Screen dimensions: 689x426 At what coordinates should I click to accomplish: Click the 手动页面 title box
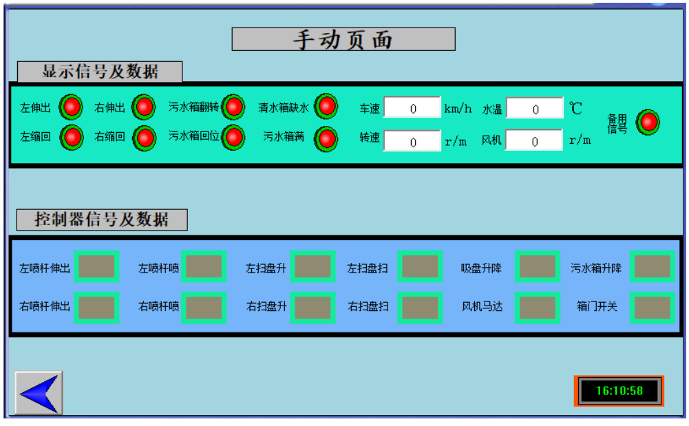(x=343, y=39)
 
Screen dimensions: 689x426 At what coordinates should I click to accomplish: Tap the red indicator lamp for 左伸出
(x=71, y=107)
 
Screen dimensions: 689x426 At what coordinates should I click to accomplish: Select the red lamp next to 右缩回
(x=144, y=138)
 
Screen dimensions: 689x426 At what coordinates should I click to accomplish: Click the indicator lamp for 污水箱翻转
(x=233, y=107)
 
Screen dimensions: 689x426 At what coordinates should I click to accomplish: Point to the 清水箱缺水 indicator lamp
(x=326, y=107)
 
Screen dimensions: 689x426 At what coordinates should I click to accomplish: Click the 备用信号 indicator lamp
(x=647, y=123)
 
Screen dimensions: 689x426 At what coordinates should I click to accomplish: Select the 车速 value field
(x=412, y=108)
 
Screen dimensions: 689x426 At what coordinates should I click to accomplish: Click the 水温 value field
(x=535, y=109)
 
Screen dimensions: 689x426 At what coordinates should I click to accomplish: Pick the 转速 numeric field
(x=412, y=141)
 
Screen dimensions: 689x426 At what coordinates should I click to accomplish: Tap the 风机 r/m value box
(x=535, y=141)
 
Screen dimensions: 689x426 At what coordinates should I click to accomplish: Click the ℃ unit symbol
(x=575, y=108)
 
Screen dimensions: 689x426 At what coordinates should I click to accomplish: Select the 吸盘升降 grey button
(x=538, y=267)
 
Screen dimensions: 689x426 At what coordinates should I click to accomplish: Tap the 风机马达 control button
(x=538, y=307)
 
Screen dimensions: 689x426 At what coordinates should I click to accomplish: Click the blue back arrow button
(x=39, y=392)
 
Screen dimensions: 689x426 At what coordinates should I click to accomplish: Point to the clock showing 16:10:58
(x=619, y=391)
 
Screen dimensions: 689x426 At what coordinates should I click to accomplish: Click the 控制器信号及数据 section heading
(x=102, y=220)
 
